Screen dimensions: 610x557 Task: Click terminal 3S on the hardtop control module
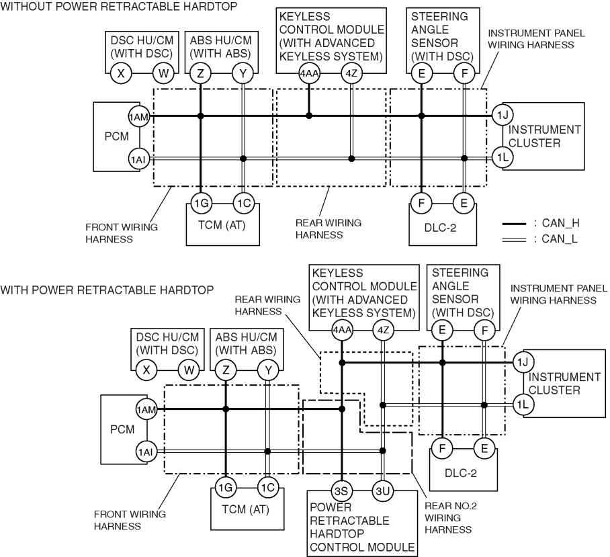tap(341, 491)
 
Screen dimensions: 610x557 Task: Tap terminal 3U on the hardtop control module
tap(383, 491)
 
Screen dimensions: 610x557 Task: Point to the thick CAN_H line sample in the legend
tap(514, 224)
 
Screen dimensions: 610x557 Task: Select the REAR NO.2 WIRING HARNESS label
tap(451, 518)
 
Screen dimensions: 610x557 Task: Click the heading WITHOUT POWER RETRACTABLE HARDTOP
tap(119, 6)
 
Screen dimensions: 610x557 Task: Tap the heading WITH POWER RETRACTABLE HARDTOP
tap(107, 290)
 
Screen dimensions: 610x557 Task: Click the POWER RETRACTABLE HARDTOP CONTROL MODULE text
tap(362, 527)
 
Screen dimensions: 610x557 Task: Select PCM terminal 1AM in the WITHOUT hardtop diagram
tap(139, 116)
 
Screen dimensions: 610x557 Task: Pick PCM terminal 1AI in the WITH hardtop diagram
tap(146, 452)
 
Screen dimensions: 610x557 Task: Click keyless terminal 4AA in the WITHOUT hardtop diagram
tap(309, 73)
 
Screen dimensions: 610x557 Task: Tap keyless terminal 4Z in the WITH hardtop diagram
tap(383, 330)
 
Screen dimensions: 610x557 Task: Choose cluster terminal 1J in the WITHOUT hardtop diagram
tap(503, 115)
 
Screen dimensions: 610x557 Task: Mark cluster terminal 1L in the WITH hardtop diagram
tap(523, 404)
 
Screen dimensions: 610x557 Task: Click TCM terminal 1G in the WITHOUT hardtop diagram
tap(201, 203)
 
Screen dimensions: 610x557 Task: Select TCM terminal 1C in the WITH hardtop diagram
tap(267, 487)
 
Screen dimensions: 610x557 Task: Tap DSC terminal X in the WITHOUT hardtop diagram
tap(121, 73)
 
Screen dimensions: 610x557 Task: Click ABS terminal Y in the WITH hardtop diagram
tap(268, 370)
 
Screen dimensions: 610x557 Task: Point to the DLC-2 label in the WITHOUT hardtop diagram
tap(441, 228)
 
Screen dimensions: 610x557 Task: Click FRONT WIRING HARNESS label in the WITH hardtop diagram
tap(130, 520)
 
